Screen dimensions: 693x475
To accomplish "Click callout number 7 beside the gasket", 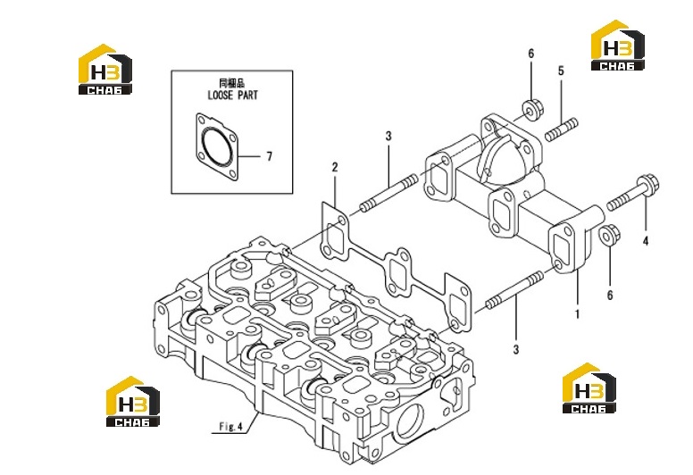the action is point(269,156).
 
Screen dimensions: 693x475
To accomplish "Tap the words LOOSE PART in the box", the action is point(232,95).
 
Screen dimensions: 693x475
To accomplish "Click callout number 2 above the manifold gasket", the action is point(335,168).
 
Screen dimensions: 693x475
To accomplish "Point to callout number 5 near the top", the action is point(561,71).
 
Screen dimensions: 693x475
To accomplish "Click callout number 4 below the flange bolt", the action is point(646,241).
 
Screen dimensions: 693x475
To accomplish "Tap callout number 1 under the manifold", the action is point(577,314).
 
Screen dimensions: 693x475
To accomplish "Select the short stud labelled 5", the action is point(562,129).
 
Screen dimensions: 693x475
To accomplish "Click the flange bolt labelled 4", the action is point(633,193).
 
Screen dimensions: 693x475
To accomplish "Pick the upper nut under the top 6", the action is point(533,109).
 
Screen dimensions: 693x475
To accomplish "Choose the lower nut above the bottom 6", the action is point(609,234).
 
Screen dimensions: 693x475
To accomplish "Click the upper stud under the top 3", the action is point(388,192).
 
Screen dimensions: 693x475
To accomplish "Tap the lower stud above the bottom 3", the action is point(514,290).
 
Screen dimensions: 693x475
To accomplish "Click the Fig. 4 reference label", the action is point(231,427).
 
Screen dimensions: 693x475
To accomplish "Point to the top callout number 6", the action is point(530,54).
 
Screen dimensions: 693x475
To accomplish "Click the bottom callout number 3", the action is point(516,349).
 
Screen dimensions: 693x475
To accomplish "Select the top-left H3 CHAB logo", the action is point(105,69).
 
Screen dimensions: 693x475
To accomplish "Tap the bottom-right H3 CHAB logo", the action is point(589,388).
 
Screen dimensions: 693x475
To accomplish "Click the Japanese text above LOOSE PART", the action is point(232,83).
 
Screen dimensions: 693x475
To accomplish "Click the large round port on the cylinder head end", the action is point(410,419).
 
